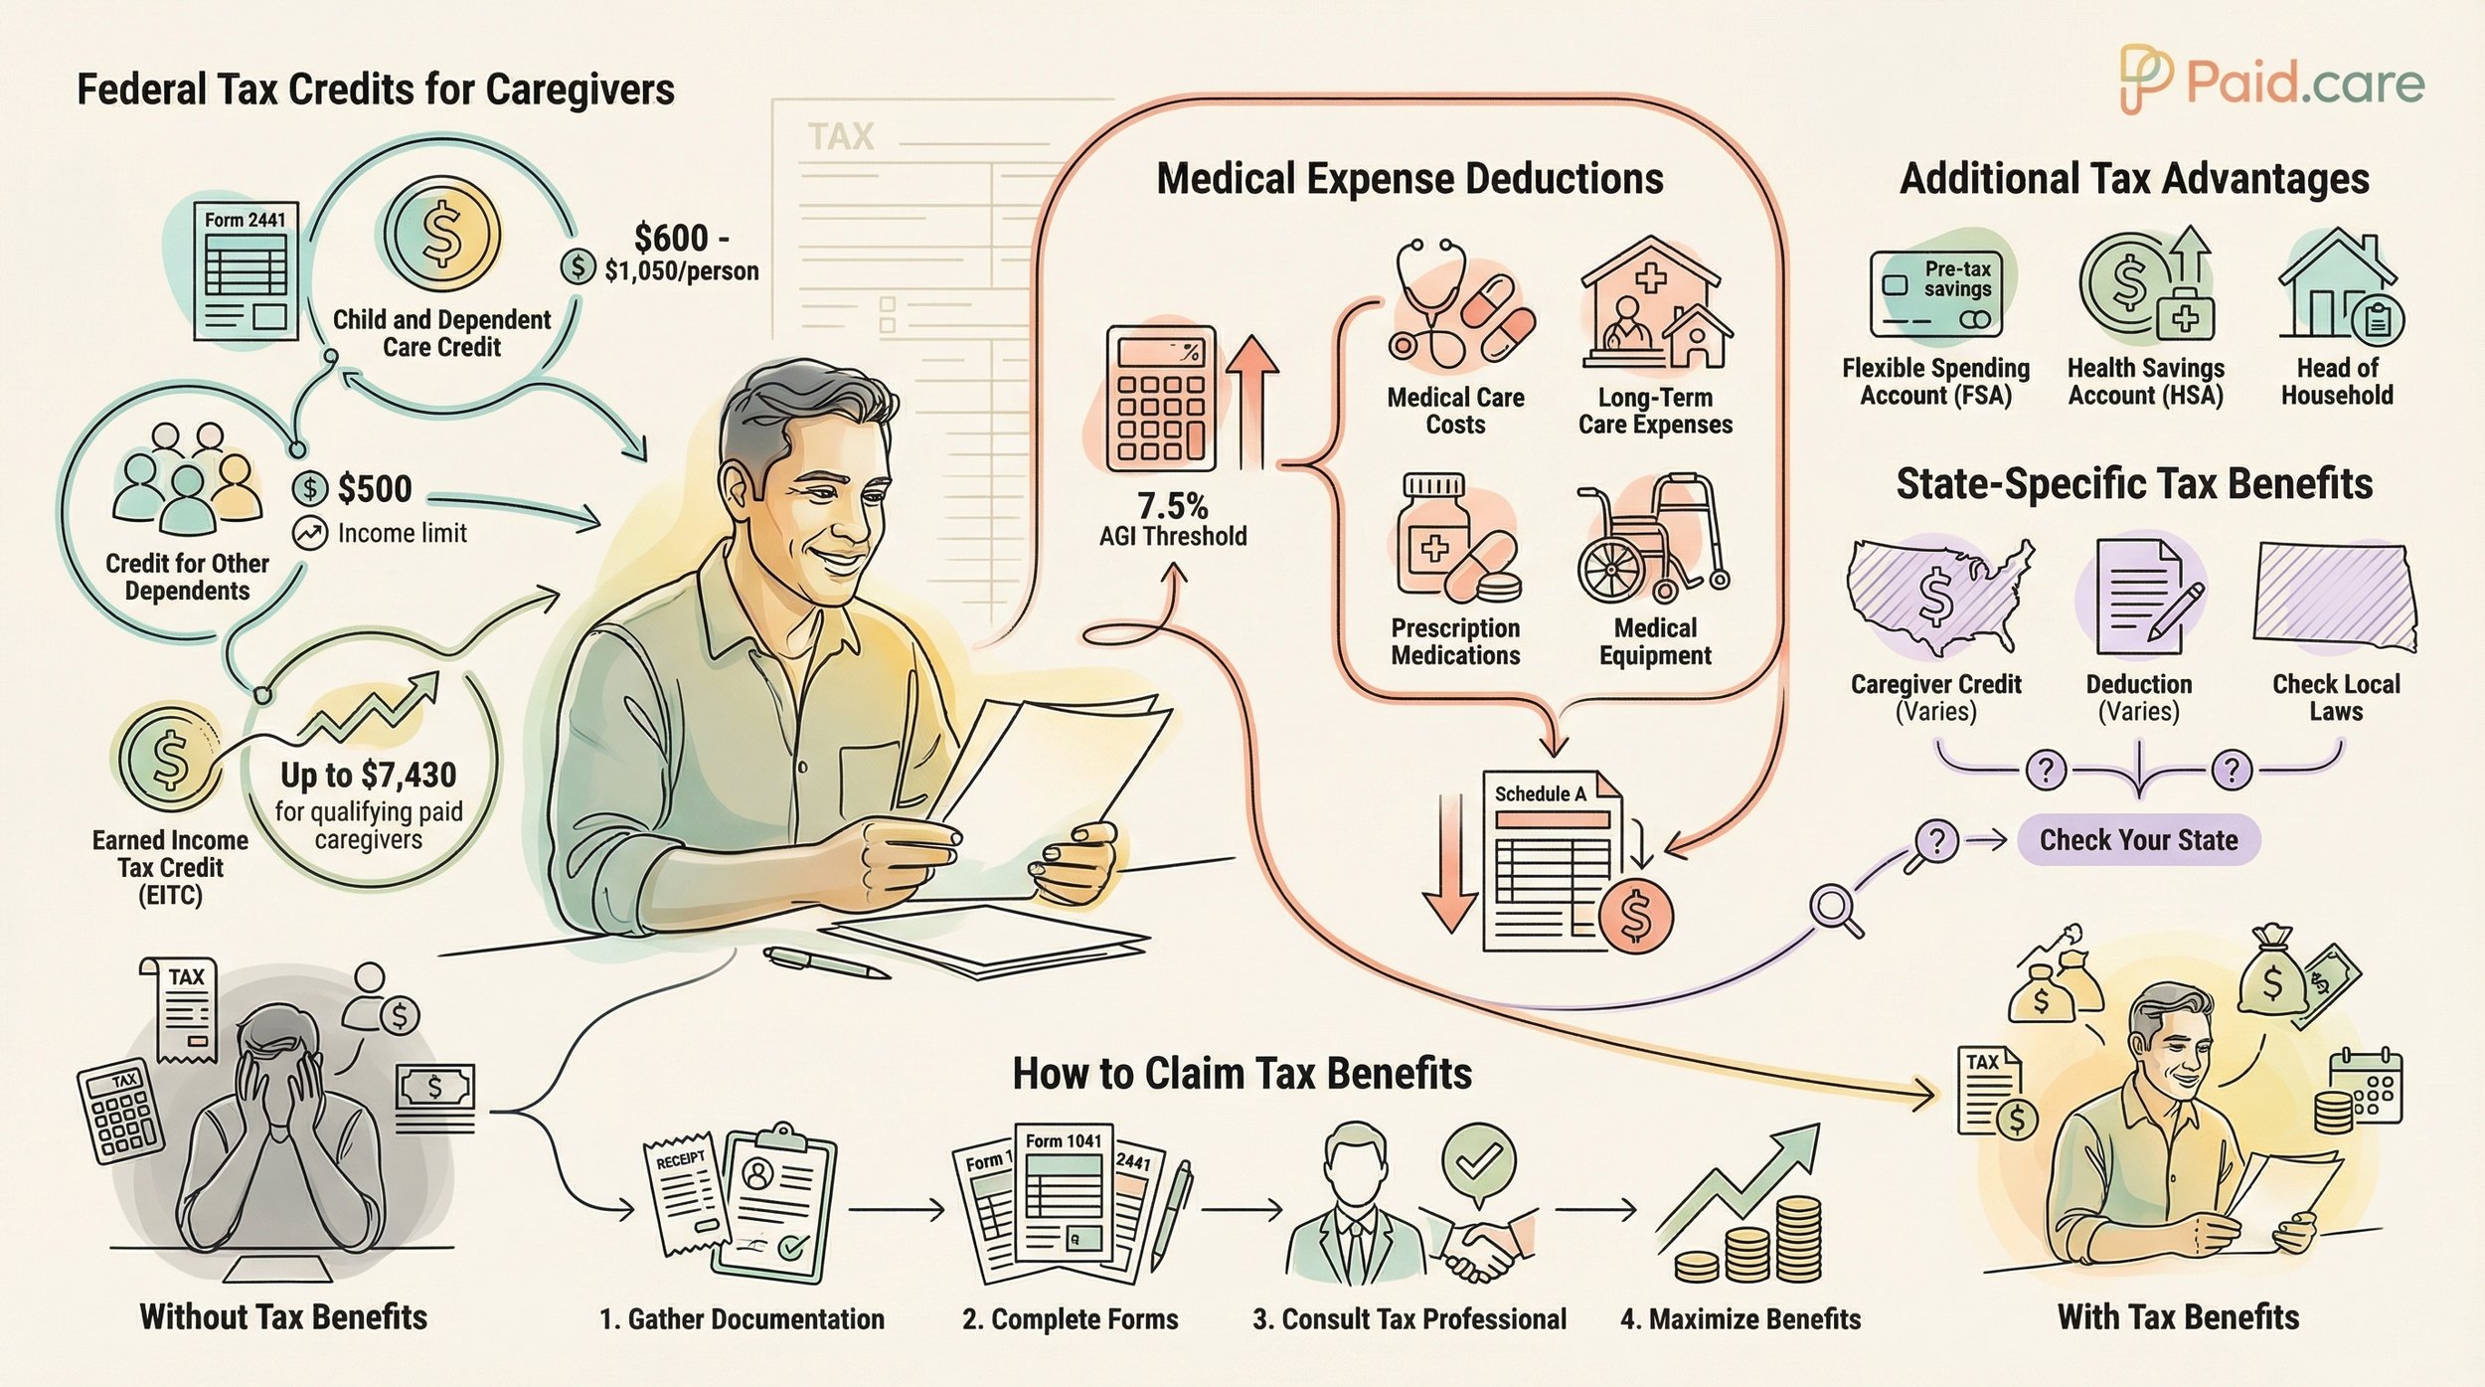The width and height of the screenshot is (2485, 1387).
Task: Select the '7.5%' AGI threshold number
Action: (x=1172, y=506)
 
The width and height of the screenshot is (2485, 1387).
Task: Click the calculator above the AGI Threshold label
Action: (x=1160, y=399)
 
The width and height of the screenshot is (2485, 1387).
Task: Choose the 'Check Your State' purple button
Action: (x=2138, y=840)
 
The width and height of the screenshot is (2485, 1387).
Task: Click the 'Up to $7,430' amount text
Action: (x=368, y=775)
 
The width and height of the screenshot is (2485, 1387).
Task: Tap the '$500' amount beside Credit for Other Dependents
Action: (x=374, y=488)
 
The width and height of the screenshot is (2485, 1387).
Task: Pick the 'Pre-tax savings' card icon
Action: (x=1935, y=294)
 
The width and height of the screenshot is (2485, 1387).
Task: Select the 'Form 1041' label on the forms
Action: (x=1064, y=1140)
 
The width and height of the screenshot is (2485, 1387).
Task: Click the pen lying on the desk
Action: (x=825, y=962)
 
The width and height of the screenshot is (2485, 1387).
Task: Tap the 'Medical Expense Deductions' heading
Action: (x=1409, y=179)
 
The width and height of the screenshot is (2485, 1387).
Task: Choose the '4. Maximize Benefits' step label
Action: (x=1739, y=1319)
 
